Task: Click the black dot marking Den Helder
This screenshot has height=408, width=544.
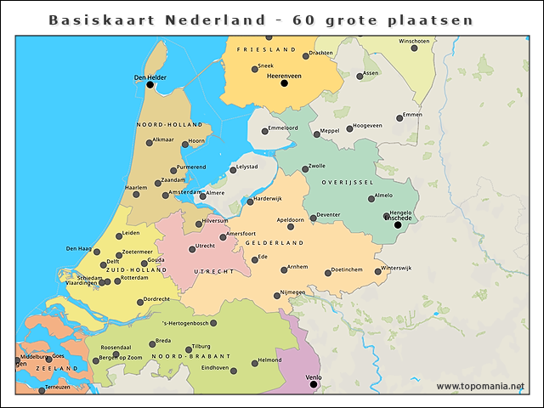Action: (x=150, y=84)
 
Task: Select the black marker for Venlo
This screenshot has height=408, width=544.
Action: (x=314, y=384)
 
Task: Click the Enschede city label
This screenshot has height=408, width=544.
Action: (x=398, y=218)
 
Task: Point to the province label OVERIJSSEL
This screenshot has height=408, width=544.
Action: (x=348, y=183)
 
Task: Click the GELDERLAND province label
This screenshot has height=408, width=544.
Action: (x=275, y=243)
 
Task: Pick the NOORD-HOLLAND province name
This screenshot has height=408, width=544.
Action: (x=169, y=125)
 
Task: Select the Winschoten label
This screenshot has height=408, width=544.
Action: (x=414, y=41)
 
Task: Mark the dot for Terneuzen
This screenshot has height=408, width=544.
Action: (x=41, y=390)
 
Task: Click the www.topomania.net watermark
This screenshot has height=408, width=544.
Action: (x=480, y=387)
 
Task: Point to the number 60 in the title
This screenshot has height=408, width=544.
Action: (x=303, y=20)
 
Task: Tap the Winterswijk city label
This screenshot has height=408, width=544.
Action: (x=395, y=268)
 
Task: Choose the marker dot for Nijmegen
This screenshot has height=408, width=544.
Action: (x=277, y=296)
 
